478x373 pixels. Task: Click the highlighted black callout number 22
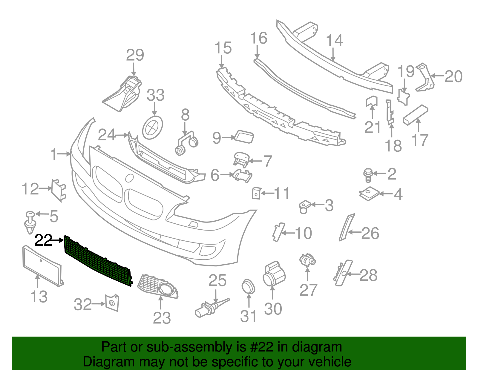click(x=44, y=240)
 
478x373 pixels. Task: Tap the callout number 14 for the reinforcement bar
click(x=334, y=41)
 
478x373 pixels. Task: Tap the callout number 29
click(x=135, y=55)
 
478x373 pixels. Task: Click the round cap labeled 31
click(x=248, y=287)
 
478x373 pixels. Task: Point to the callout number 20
click(x=454, y=76)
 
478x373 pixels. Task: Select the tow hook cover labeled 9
click(x=244, y=137)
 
